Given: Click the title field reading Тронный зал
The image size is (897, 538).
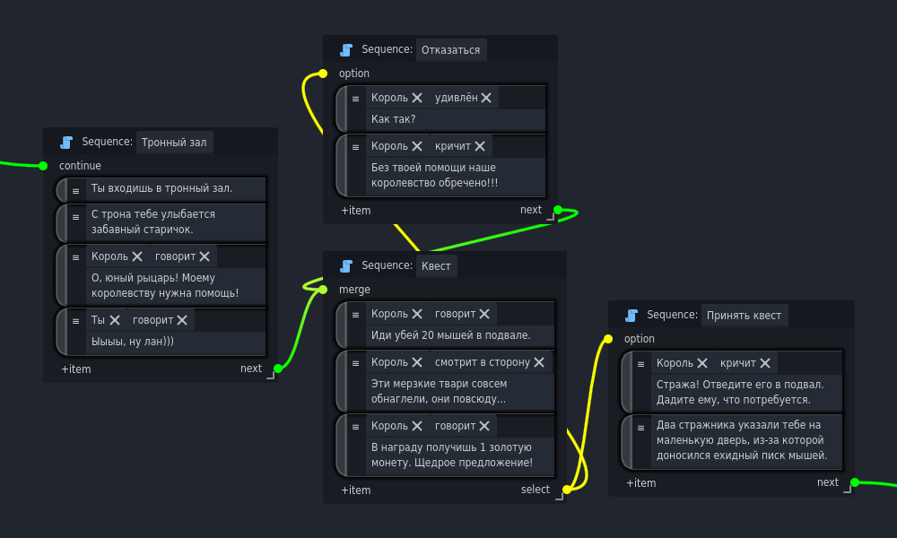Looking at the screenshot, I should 174,142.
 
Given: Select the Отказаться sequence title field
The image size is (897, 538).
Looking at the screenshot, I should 450,49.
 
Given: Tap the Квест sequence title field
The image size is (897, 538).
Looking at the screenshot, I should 436,265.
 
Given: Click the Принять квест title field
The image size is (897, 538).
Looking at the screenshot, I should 744,315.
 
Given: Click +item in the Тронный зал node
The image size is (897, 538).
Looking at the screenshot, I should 76,369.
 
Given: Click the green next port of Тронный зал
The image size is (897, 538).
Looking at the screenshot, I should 278,368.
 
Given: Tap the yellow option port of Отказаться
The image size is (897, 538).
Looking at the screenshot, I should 323,74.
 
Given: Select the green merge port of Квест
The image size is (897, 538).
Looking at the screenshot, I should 323,289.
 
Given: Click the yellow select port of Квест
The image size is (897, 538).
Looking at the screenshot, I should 567,490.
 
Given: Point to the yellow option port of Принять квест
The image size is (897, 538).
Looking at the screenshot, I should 608,339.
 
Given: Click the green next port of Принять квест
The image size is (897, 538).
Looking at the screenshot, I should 855,482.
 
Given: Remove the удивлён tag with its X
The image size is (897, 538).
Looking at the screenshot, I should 486,98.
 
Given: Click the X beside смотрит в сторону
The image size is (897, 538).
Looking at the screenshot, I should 539,362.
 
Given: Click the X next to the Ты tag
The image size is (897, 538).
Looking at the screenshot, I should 115,320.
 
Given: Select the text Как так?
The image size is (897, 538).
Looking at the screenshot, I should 394,119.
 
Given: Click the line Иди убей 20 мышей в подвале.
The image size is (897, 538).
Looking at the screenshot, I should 451,335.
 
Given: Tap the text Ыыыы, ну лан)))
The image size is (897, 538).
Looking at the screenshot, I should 133,342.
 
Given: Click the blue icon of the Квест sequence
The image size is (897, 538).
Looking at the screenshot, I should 346,265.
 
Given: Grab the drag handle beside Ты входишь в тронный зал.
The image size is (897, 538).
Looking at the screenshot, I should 75,188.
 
